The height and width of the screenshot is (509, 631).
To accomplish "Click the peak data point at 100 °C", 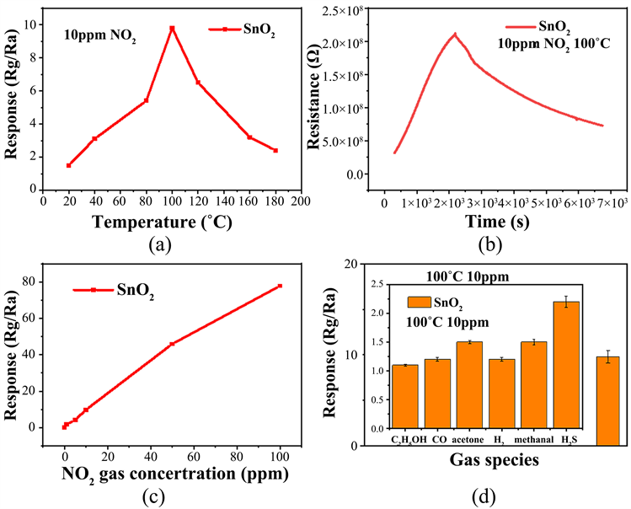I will pyautogui.click(x=172, y=29).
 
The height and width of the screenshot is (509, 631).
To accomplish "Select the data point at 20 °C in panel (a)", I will pyautogui.click(x=69, y=165).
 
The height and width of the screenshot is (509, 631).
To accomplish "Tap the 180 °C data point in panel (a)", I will pyautogui.click(x=275, y=151).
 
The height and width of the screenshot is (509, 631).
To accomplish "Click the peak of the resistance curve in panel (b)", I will pyautogui.click(x=456, y=35).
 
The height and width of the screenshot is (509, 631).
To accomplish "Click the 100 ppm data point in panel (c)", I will pyautogui.click(x=280, y=286).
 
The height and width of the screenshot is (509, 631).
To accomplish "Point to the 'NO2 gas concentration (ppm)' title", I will pyautogui.click(x=175, y=473).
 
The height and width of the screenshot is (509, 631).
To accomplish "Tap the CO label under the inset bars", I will pyautogui.click(x=439, y=439).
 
